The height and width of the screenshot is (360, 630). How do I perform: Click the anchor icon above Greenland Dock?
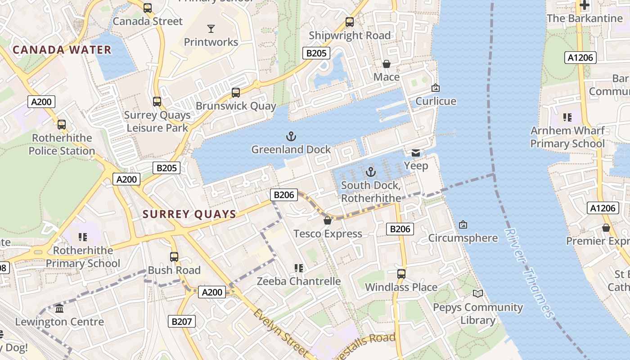pos(291,136)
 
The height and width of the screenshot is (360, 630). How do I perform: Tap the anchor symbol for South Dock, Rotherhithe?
pos(370,171)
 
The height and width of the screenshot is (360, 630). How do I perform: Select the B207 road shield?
pos(182,321)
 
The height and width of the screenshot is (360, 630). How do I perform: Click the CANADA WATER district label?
pos(62,49)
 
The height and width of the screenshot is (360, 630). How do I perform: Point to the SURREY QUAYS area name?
pos(189,214)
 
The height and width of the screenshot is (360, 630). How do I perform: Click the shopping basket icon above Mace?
pos(386,64)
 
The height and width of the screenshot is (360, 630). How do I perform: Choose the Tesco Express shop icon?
pos(328,220)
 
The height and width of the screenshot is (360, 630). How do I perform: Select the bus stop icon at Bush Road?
pos(174,257)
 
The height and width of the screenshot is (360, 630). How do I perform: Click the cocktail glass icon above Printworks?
pos(211,29)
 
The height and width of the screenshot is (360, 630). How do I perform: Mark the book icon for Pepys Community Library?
pos(477,294)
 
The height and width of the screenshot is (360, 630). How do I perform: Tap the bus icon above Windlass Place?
pos(401,274)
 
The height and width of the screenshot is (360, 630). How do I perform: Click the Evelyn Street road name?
pos(280,333)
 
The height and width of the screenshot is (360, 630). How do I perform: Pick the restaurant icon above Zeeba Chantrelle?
pos(298,268)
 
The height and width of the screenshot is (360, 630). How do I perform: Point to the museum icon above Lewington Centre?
pos(59,309)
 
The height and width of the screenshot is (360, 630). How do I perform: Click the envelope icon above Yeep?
pos(416,153)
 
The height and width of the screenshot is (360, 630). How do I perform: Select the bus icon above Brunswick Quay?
pos(235,93)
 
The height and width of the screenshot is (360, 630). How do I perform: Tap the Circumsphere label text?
pos(463,238)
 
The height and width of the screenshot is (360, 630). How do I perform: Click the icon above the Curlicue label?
pos(435,88)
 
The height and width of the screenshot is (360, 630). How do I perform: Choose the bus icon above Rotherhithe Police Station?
pos(62,125)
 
